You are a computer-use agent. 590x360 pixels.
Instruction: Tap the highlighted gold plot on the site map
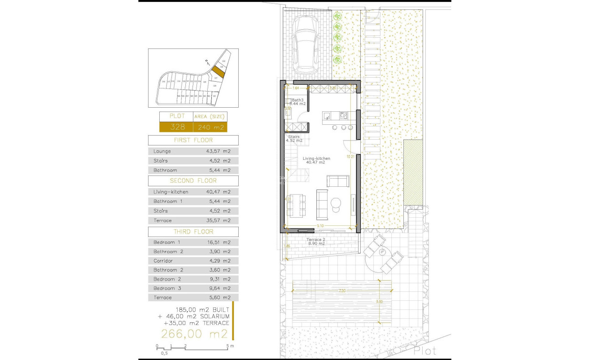coord(218,71)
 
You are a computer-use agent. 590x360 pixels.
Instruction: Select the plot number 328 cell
coord(176,127)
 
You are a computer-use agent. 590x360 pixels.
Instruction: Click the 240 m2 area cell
coord(210,127)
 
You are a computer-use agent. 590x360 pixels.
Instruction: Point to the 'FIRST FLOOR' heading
coord(193,140)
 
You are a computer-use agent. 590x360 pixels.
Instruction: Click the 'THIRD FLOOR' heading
coord(194,232)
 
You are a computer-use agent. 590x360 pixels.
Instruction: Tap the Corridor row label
coord(162,261)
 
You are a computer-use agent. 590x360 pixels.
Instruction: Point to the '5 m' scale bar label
coord(230,346)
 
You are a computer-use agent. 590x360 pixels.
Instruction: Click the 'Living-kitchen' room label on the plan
coord(316,158)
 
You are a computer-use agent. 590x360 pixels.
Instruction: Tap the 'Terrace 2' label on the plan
coord(315,240)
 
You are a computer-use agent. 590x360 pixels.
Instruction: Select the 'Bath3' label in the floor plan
coord(297,100)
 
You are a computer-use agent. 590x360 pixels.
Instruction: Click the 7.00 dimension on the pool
coord(342,291)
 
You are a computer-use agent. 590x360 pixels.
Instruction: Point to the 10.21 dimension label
coord(351,157)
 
